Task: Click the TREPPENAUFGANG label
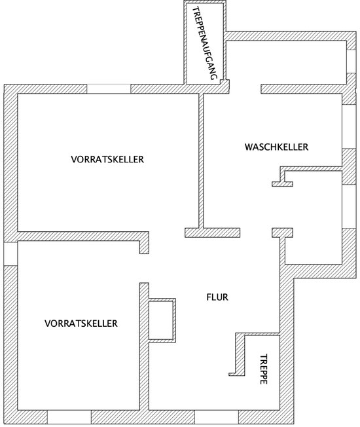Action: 206,44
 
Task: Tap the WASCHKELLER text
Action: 276,147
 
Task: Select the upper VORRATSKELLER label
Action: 107,159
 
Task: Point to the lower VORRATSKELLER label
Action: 81,324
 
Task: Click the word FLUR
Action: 217,297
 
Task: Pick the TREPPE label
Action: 263,369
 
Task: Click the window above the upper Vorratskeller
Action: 109,89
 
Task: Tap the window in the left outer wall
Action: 10,253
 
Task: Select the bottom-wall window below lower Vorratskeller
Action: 69,417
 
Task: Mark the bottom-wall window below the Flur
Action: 217,417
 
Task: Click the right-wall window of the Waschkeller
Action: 349,126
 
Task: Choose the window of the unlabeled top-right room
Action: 351,61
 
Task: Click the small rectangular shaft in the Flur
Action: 162,320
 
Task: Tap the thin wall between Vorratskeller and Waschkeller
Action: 201,160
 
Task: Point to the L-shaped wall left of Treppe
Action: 240,354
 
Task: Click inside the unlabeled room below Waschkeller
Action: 313,217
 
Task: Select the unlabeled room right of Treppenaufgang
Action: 286,62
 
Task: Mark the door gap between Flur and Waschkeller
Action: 256,232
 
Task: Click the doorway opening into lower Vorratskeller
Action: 144,269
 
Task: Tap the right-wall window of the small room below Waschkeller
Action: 349,206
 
